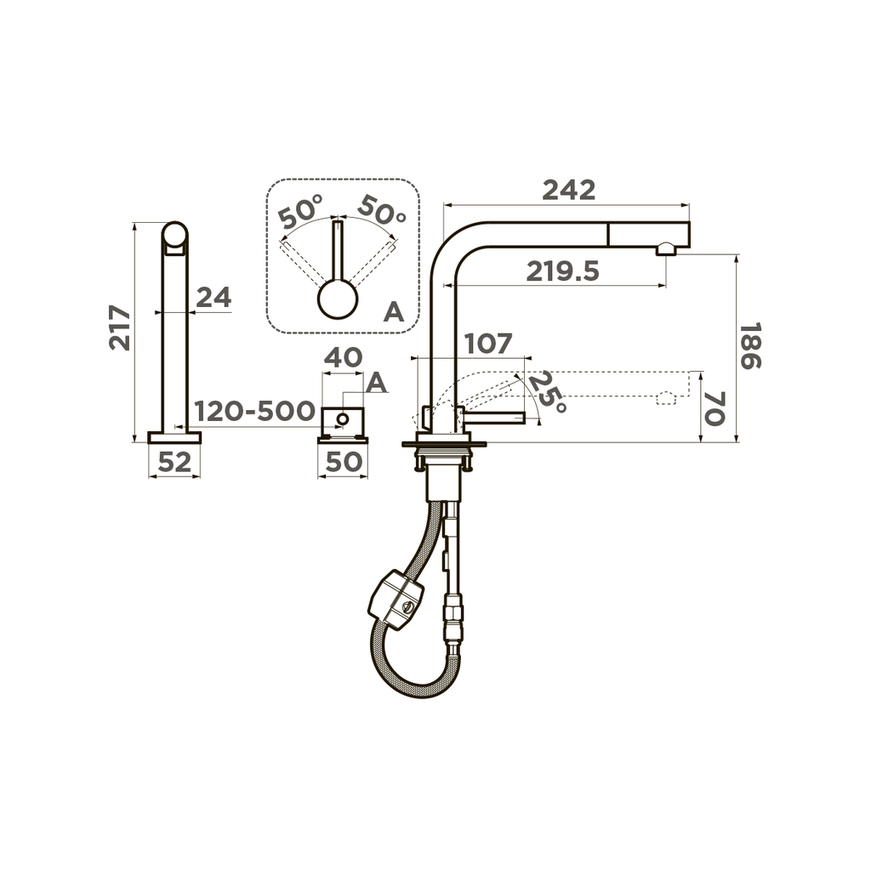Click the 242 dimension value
click(x=569, y=191)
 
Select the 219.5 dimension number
click(x=562, y=271)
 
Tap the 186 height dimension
click(x=749, y=345)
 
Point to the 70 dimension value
click(x=714, y=408)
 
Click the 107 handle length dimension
click(x=488, y=344)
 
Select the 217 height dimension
click(x=120, y=328)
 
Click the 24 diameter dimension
click(x=213, y=298)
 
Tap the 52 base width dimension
click(x=174, y=462)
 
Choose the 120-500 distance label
click(x=254, y=412)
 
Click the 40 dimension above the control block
click(x=343, y=357)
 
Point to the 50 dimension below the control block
click(x=343, y=462)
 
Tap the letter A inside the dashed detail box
click(x=393, y=312)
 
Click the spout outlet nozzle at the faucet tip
click(x=665, y=248)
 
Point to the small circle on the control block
click(x=342, y=418)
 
